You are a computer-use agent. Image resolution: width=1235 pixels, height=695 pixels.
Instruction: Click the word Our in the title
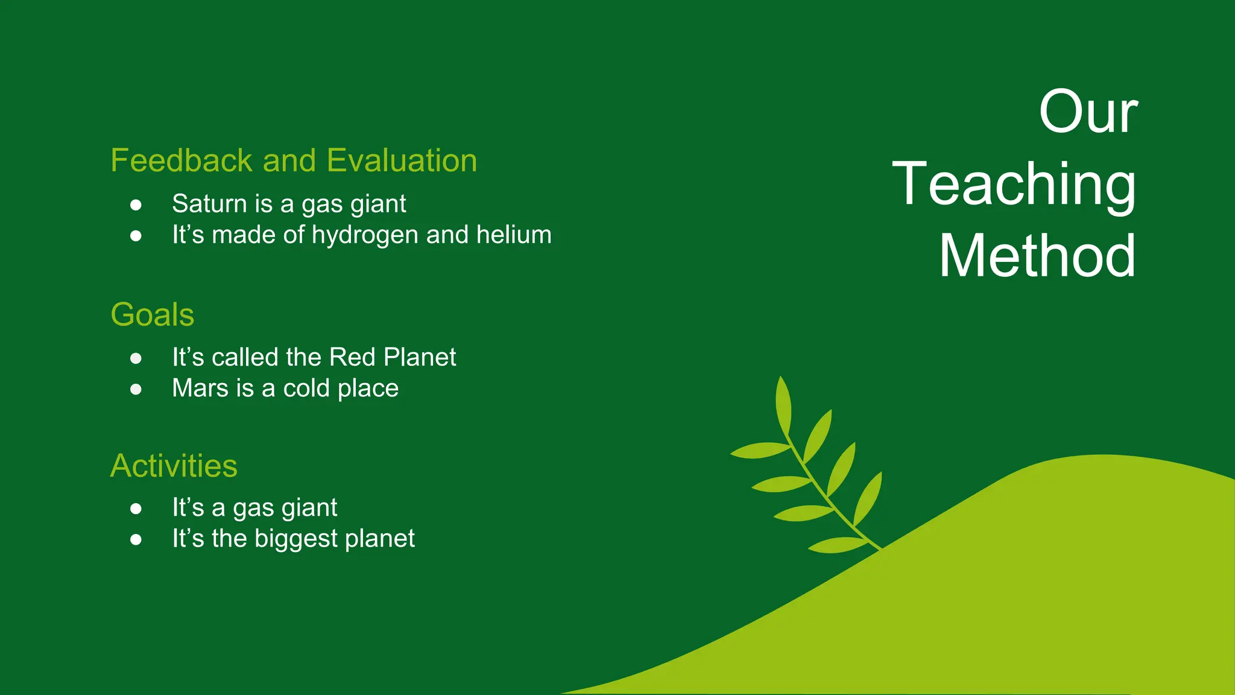(x=1088, y=112)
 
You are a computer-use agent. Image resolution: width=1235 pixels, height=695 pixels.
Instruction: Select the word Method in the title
(x=1037, y=256)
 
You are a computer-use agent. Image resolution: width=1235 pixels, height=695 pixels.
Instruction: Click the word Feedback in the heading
(x=182, y=160)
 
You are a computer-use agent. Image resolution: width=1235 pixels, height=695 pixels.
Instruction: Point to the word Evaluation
(x=402, y=160)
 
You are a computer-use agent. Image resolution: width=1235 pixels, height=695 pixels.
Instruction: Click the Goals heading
(x=153, y=315)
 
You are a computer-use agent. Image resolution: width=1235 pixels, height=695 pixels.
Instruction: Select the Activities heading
(x=174, y=466)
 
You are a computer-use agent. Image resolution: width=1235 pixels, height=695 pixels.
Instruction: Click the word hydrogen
(x=365, y=235)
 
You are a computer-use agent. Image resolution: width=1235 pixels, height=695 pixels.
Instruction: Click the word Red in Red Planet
(x=353, y=357)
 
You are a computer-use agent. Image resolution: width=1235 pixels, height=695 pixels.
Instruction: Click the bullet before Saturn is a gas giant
(x=136, y=205)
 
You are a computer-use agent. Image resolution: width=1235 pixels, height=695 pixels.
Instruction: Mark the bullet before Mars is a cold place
(x=136, y=390)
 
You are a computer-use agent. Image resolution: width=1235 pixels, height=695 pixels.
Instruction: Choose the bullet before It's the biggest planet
(x=136, y=540)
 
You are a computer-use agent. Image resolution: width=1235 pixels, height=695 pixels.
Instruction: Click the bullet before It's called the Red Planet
(x=136, y=358)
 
